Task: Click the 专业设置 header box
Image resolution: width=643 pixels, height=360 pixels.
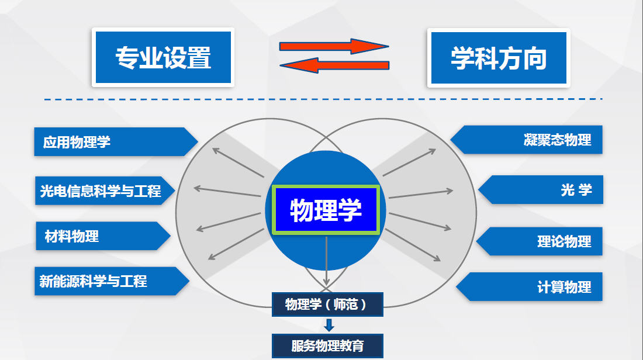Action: pos(163,57)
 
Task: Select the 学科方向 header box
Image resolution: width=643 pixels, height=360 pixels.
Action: pos(498,57)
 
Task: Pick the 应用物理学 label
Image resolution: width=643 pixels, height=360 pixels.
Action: pos(111,141)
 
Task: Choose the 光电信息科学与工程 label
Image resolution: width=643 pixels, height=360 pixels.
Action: pos(102,191)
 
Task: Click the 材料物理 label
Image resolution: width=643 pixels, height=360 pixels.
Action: pos(99,236)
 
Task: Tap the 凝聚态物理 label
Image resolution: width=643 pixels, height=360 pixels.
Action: pos(529,140)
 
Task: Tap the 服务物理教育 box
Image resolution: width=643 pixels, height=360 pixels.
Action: pos(327,345)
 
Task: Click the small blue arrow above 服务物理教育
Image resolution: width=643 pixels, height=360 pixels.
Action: pos(329,325)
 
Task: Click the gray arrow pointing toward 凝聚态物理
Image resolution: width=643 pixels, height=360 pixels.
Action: pos(409,162)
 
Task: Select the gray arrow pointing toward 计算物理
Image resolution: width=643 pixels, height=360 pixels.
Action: pos(413,244)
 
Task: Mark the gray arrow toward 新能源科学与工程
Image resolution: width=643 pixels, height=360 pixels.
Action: pos(236,244)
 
